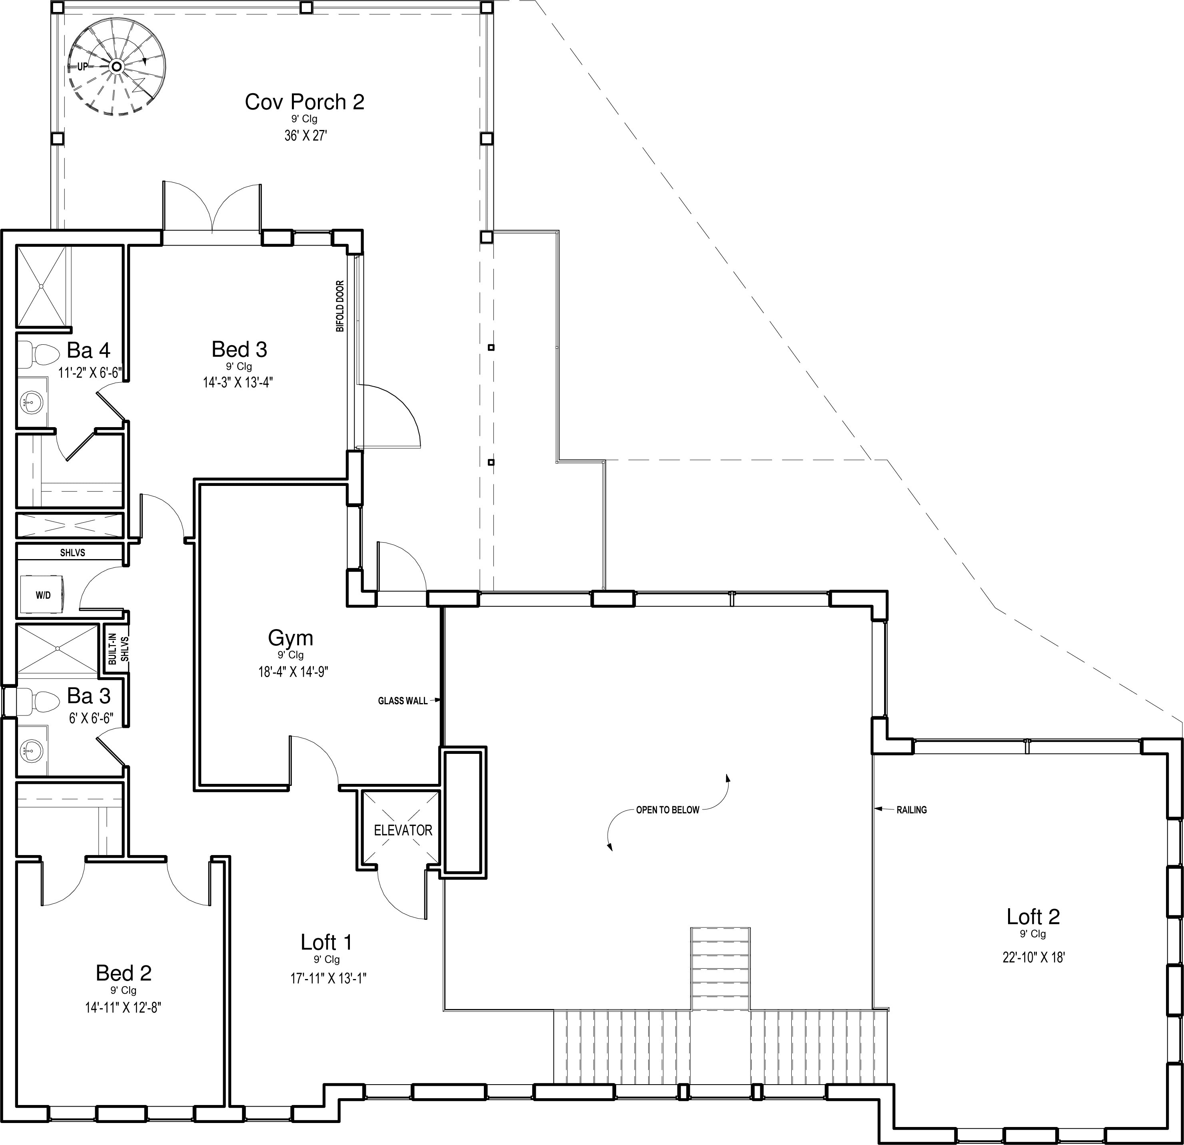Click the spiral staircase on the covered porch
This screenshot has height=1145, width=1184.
[117, 66]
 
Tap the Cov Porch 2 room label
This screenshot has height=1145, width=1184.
[304, 102]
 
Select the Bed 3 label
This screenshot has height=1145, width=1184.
[239, 349]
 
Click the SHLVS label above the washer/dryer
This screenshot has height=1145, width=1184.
[72, 552]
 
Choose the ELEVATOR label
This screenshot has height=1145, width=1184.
[403, 830]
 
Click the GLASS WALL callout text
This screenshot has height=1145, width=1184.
[402, 701]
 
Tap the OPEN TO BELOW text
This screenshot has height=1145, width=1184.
[667, 809]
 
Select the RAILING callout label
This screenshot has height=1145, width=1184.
[912, 809]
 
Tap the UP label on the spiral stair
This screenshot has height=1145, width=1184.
[82, 66]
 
